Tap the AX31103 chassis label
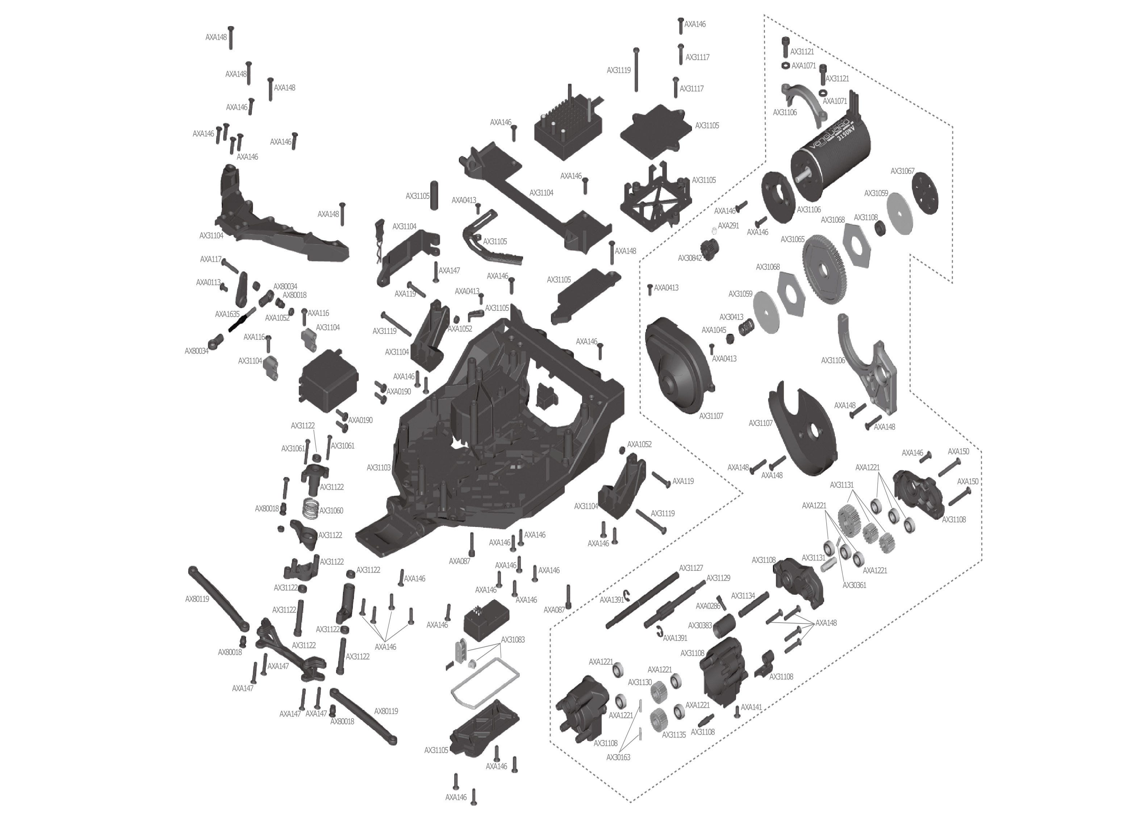[378, 468]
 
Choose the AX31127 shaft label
[691, 568]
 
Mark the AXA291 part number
[728, 226]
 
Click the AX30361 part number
[854, 585]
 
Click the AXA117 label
[211, 259]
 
